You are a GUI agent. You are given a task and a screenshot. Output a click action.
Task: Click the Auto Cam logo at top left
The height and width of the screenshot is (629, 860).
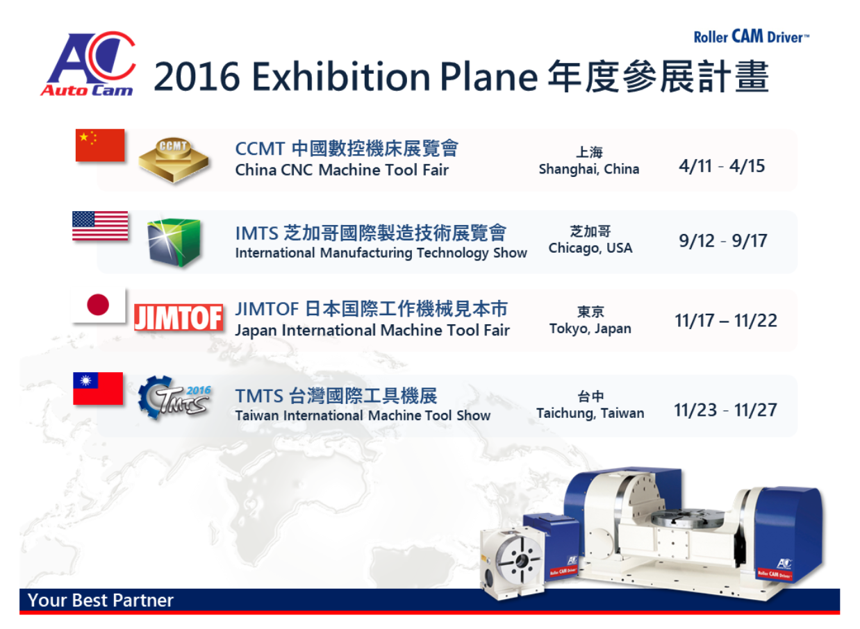click(x=88, y=63)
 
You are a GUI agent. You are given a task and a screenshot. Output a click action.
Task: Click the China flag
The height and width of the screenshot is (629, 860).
click(x=100, y=145)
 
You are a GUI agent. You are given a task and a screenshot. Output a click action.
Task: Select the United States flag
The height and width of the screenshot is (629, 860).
click(x=100, y=226)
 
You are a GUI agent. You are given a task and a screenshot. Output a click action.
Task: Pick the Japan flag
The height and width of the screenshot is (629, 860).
click(x=98, y=305)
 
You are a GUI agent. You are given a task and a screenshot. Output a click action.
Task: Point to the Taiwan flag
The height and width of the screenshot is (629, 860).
click(x=98, y=388)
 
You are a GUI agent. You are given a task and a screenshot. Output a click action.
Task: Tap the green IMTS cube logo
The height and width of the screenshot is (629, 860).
click(x=174, y=242)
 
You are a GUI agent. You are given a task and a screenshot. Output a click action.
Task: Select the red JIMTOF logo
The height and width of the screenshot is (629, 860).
click(x=179, y=318)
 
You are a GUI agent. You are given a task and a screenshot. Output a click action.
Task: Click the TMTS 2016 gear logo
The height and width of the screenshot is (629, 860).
click(x=174, y=397)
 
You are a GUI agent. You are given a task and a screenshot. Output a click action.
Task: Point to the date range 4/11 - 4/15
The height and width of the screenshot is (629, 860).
click(x=722, y=166)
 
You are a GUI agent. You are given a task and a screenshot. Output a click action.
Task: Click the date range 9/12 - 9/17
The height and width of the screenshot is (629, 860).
click(x=723, y=241)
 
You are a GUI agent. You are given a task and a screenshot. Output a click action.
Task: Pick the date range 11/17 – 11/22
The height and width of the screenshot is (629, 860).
click(x=726, y=321)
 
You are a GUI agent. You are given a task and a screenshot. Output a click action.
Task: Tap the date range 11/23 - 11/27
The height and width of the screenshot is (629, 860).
click(x=726, y=410)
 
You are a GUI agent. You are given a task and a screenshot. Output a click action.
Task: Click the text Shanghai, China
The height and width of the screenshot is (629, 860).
click(x=589, y=169)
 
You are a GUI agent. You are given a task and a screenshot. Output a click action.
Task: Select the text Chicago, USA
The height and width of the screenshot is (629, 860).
click(x=590, y=248)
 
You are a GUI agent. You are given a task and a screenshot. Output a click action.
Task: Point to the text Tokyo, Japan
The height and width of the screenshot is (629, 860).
click(x=590, y=329)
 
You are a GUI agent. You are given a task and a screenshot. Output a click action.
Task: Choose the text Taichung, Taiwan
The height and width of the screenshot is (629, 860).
click(x=590, y=413)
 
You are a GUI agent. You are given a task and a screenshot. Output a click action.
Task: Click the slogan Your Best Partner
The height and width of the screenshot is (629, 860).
click(x=101, y=601)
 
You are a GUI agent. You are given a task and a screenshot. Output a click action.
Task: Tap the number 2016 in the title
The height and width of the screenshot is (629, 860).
click(x=197, y=76)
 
